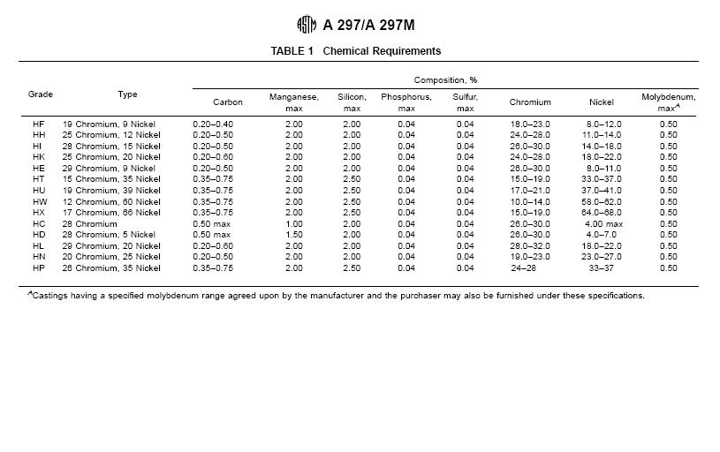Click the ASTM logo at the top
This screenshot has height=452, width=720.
click(307, 26)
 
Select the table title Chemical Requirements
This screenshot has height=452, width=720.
click(382, 51)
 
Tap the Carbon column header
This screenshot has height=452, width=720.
click(228, 102)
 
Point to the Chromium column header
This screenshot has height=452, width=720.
click(530, 102)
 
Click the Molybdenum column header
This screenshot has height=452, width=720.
click(668, 102)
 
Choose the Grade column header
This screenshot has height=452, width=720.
click(41, 94)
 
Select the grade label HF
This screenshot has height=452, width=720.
click(39, 124)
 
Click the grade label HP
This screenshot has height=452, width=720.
click(39, 268)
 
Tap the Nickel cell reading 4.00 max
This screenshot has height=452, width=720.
click(604, 224)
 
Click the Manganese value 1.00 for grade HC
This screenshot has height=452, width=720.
click(294, 224)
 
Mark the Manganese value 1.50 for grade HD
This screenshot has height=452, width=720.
click(294, 235)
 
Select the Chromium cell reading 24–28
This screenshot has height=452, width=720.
click(523, 268)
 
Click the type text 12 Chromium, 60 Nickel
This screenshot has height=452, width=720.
click(111, 202)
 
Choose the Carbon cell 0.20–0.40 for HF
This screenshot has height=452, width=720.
click(213, 124)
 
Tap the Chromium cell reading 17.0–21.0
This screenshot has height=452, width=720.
click(530, 191)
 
